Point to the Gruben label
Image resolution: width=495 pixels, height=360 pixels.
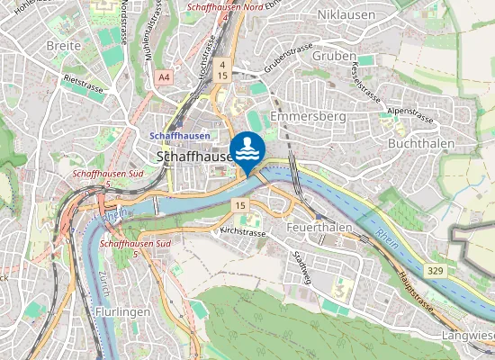(328, 56)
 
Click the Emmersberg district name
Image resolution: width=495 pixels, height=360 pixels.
(302, 117)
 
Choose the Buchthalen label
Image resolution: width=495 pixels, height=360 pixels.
(418, 143)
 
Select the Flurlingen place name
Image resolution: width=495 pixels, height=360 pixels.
(121, 311)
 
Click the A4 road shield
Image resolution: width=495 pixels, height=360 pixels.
(163, 78)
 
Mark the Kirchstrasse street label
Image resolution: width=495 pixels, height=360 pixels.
(243, 232)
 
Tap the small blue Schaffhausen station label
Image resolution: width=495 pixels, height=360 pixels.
(180, 135)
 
